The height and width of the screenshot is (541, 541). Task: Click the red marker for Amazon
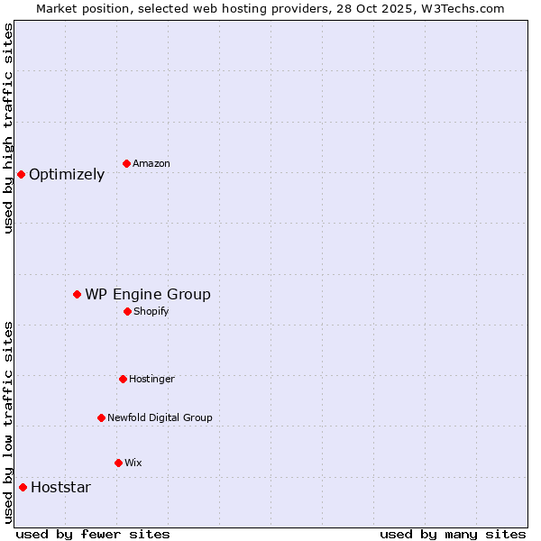[x=126, y=163]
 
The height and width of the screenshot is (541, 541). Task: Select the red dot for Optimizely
[x=21, y=174]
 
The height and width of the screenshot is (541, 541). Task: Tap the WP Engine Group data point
[x=78, y=294]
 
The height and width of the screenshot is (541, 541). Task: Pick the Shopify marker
[x=127, y=311]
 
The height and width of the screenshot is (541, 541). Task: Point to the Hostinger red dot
[x=123, y=379]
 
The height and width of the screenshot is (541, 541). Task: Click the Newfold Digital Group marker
[x=101, y=417]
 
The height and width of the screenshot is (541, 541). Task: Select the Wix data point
[x=118, y=463]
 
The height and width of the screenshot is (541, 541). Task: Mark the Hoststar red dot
[x=23, y=487]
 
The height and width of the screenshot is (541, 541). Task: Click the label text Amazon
[x=151, y=163]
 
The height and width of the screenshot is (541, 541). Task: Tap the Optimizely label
[x=67, y=175]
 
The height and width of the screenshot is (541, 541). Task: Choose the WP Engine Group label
[x=148, y=295]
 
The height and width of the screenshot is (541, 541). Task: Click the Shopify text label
[x=151, y=311]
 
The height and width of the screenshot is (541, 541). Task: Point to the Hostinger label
[x=151, y=379]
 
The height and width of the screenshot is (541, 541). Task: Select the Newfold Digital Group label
[x=160, y=417]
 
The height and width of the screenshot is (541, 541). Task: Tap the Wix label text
[x=133, y=463]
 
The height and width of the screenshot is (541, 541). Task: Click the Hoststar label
[x=60, y=488]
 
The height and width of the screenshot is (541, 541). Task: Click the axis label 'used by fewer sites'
[x=93, y=534]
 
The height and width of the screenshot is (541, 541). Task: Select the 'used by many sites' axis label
[x=453, y=534]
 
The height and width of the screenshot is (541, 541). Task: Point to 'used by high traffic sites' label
[x=9, y=128]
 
